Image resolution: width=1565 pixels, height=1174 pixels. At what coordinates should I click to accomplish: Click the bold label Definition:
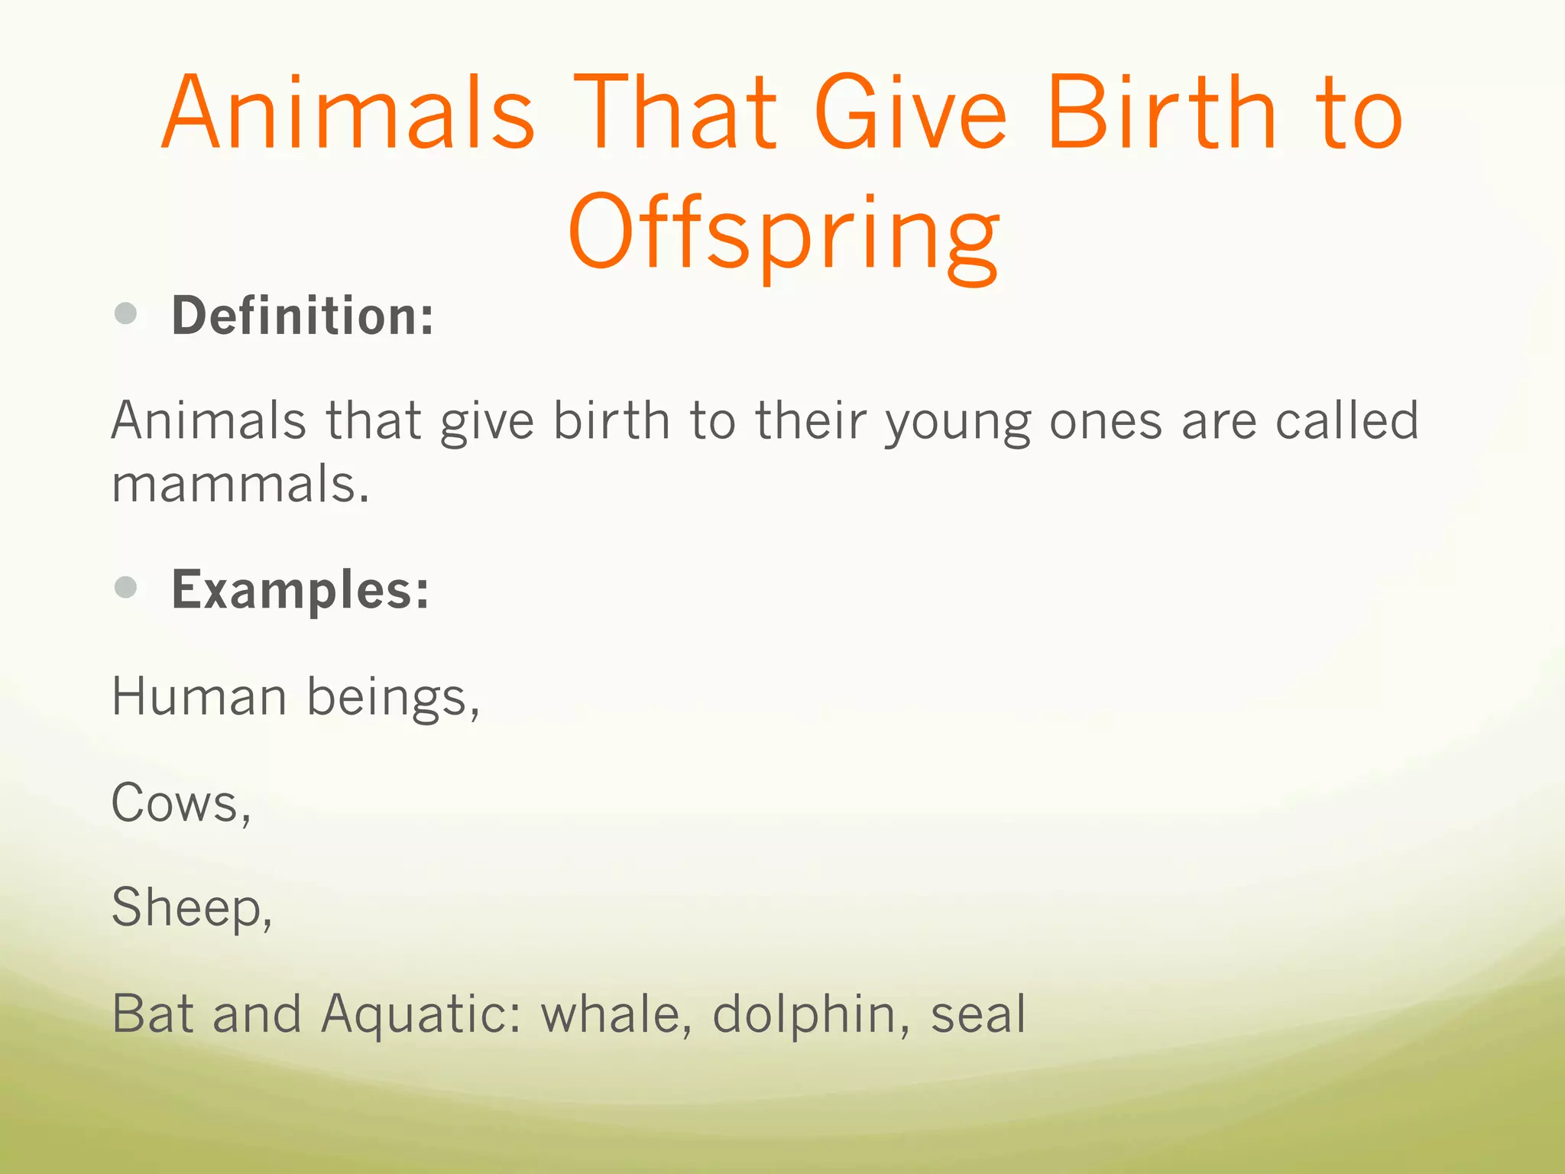click(303, 316)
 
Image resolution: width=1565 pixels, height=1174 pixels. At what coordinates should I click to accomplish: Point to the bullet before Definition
click(125, 313)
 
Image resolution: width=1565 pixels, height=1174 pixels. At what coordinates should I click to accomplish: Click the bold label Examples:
click(300, 590)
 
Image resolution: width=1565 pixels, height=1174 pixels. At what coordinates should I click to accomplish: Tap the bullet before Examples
click(125, 587)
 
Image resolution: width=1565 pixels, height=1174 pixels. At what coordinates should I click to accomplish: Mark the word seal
click(977, 1013)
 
